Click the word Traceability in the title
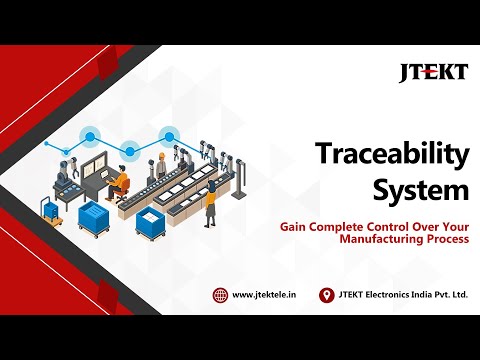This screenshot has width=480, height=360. tap(393, 155)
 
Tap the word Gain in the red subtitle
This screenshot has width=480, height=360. tap(294, 227)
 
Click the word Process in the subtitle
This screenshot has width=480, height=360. tap(447, 240)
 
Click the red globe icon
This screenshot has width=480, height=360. tap(220, 295)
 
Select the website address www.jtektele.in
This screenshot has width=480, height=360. tap(263, 295)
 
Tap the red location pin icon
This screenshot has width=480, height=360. tap(325, 295)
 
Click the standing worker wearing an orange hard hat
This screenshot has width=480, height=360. tap(210, 204)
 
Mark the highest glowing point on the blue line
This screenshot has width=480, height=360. tap(169, 132)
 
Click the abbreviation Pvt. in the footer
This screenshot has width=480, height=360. tap(437, 295)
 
